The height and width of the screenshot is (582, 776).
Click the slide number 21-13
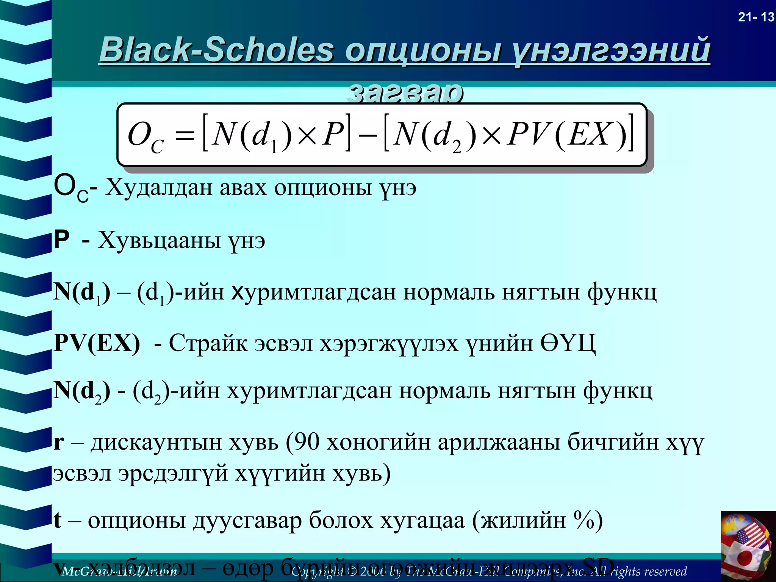[x=756, y=17]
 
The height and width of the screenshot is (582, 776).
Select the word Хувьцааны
[x=160, y=241]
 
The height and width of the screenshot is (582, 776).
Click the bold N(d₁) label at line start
[x=81, y=293]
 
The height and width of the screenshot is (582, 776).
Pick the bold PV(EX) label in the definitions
[x=97, y=343]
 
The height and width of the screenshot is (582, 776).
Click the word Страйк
[x=208, y=343]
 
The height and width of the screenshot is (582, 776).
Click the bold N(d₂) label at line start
[x=81, y=391]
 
